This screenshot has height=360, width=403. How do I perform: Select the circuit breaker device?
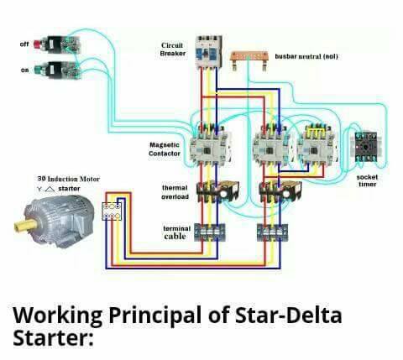click(x=208, y=52)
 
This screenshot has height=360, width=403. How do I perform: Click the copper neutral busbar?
click(x=249, y=60)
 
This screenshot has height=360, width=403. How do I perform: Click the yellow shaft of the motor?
click(x=25, y=225)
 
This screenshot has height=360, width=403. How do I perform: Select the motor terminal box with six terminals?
click(x=112, y=211)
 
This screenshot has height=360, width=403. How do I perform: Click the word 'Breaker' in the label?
click(x=173, y=54)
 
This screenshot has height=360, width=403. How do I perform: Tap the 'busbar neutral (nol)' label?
click(x=306, y=56)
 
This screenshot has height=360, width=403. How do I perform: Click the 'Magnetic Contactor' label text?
click(x=165, y=149)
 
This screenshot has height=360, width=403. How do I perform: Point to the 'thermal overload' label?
click(x=175, y=192)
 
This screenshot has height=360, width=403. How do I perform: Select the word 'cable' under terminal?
click(x=175, y=237)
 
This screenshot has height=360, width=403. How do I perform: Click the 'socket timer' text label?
click(x=367, y=180)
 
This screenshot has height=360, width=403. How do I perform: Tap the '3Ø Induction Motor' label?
click(x=69, y=179)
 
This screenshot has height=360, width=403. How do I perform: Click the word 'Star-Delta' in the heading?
click(x=288, y=316)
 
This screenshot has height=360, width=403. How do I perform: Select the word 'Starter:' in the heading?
click(x=53, y=337)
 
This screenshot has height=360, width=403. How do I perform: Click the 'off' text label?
click(x=24, y=44)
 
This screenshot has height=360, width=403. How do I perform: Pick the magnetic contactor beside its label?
click(x=211, y=145)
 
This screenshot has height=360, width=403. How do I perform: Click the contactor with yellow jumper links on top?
click(x=317, y=145)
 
